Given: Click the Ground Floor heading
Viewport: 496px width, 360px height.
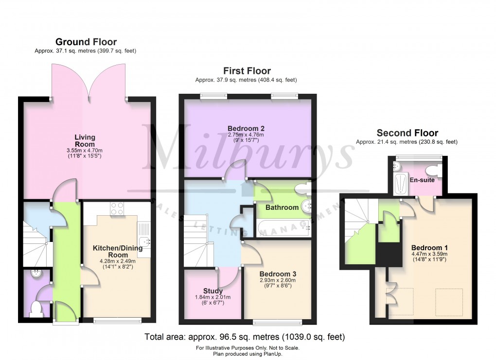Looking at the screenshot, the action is pos(86,42).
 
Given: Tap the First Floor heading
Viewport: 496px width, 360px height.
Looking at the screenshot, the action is pos(247,71).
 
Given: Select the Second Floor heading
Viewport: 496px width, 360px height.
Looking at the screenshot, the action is pos(407,133).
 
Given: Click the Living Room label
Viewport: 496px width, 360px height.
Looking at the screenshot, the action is pos(85,141).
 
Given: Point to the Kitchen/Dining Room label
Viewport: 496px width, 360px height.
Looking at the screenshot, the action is pos(118,252).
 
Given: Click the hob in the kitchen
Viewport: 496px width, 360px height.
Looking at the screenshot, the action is pos(117,208).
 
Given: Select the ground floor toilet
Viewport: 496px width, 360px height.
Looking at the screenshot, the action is pos(36,309).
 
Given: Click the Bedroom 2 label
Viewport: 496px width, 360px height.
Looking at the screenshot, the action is pos(246,128).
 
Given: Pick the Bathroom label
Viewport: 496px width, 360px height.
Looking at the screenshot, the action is pos(282,207).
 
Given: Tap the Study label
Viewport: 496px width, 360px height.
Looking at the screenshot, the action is pos(213,291).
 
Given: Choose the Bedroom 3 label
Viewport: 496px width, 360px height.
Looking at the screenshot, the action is pos(278,274).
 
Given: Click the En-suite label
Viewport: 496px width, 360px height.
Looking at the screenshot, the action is pos(422,180).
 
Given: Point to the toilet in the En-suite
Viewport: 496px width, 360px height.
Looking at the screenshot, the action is pos(434,171).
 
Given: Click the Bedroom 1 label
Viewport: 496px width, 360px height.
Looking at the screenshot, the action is pos(429,248).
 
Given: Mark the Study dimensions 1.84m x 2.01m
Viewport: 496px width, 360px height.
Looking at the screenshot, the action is pos(213,297).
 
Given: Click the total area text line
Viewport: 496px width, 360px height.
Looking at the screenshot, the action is pos(245,337).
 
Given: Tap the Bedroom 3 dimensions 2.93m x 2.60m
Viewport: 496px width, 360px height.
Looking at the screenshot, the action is pos(278,280).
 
